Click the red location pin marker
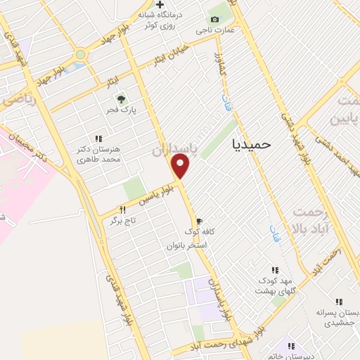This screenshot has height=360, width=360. pos(181,166)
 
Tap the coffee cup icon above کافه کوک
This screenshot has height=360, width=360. pos(200,221)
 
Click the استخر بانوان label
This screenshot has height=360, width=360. pos(186,245)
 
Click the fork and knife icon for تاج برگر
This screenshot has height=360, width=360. pos(123,210)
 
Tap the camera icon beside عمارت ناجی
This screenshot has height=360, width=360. pos(214,19)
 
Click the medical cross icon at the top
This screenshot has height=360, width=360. pos(160,6)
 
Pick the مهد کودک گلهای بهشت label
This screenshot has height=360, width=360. pos(275,285)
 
